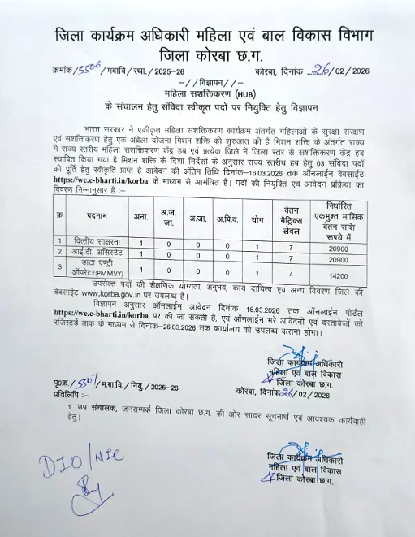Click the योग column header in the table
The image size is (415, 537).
[257, 219]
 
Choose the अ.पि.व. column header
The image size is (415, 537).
[228, 219]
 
